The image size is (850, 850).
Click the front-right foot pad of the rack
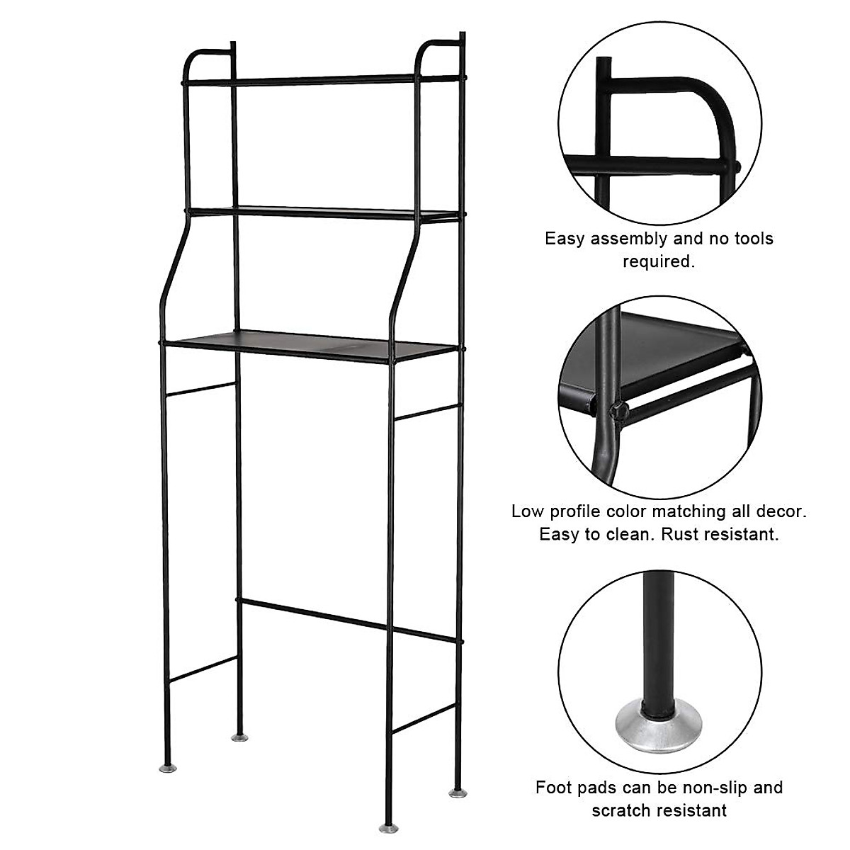point(388,827)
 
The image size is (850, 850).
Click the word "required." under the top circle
point(659,262)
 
